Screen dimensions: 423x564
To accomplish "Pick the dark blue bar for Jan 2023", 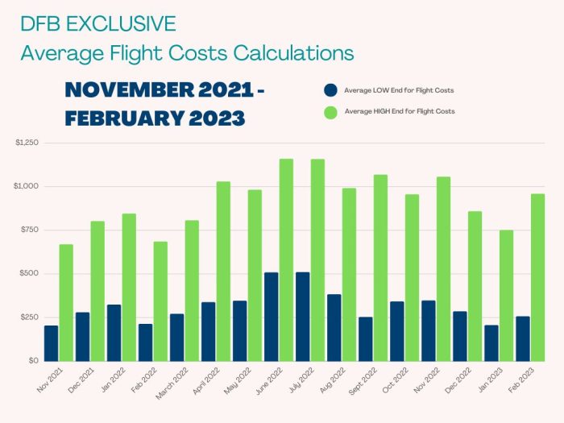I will coord(491,342).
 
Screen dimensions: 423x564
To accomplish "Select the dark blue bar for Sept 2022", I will coord(365,338).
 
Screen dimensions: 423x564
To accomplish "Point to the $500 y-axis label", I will coord(29,273).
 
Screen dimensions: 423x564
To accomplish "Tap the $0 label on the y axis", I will coord(32,360).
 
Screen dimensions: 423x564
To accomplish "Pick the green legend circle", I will coord(330,112).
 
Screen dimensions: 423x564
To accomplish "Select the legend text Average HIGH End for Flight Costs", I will coord(399,112).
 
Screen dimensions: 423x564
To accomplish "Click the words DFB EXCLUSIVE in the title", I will coord(98,24).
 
